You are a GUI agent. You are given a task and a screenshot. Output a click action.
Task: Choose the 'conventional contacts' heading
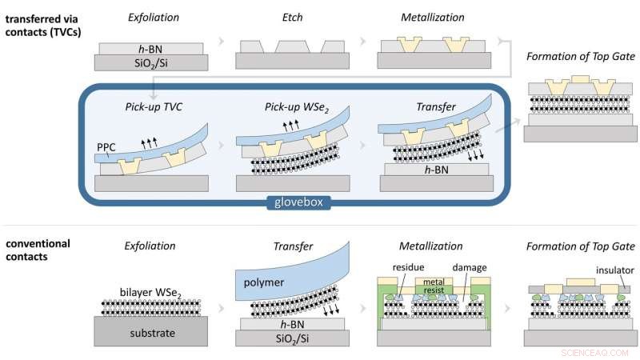click(x=38, y=250)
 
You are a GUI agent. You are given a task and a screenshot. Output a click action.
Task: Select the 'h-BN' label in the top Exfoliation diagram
click(x=152, y=47)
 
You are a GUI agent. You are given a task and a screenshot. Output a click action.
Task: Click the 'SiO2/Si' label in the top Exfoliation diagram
click(x=152, y=62)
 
